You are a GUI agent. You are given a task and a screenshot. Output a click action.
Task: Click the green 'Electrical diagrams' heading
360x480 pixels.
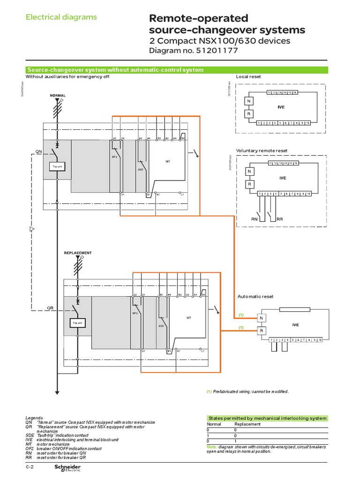61,17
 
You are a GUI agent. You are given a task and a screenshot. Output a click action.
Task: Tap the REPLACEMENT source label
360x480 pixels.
77,253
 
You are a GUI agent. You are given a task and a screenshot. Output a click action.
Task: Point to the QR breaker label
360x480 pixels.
51,308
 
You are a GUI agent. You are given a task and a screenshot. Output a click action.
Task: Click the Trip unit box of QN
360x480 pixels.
57,166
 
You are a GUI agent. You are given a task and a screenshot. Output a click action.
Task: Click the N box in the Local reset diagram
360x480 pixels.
249,102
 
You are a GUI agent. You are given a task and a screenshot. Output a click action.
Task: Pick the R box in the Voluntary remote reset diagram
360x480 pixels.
249,184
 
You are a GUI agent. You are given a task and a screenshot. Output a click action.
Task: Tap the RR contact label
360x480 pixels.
280,219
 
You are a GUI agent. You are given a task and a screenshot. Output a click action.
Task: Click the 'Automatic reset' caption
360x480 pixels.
255,297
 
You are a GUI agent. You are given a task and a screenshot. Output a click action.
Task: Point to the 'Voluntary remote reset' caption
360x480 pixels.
262,150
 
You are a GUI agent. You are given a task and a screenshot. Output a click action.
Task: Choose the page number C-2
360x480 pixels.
30,468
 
